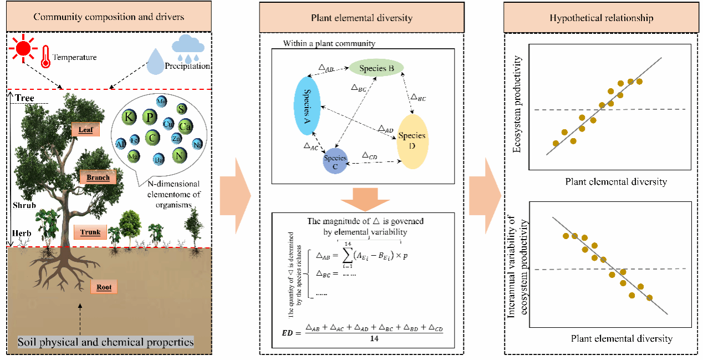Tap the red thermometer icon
tap(45, 57)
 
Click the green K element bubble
tap(129, 118)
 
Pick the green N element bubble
tap(179, 155)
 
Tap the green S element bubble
tap(180, 109)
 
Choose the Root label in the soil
tap(104, 287)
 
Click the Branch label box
tap(98, 178)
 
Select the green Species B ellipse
tap(376, 69)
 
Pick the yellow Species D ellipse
tap(412, 141)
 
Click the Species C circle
tap(335, 161)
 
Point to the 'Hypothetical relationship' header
tap(601, 18)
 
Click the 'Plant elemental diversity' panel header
tap(361, 18)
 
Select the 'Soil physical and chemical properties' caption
tap(106, 342)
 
